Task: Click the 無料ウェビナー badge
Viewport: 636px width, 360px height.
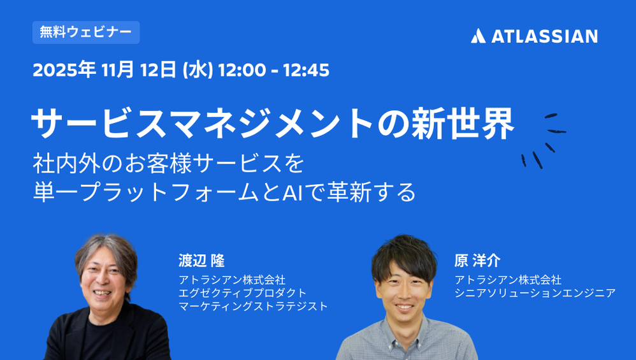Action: (86, 32)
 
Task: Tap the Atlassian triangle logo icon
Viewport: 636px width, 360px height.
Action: (478, 36)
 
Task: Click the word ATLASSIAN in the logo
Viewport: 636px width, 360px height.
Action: (544, 36)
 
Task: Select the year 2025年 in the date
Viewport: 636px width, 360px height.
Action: (64, 69)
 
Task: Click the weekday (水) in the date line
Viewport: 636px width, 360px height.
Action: (198, 70)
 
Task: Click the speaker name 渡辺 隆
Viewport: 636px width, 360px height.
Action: (201, 261)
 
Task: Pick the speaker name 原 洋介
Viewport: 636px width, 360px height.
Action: (477, 261)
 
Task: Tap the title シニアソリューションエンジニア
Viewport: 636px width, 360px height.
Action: (535, 292)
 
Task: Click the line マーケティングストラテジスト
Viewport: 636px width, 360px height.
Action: (253, 306)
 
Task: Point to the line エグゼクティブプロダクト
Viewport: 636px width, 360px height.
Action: (243, 292)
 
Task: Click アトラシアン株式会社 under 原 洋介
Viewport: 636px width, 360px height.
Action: (508, 280)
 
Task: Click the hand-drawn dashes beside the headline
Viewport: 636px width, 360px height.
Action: (544, 141)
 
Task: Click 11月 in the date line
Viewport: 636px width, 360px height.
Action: (117, 69)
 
